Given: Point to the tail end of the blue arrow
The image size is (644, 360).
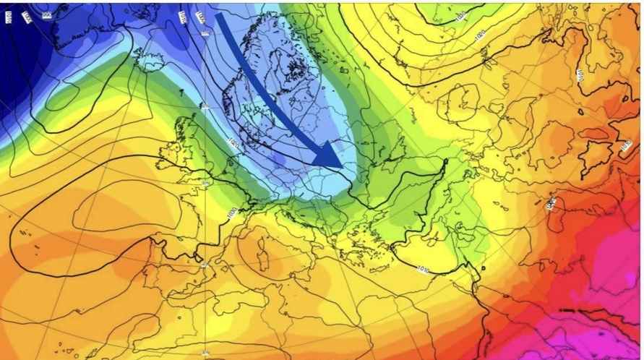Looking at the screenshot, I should point(220,18).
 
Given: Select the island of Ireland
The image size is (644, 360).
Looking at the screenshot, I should point(167,151).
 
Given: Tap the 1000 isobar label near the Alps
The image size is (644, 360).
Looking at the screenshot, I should point(231,213).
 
